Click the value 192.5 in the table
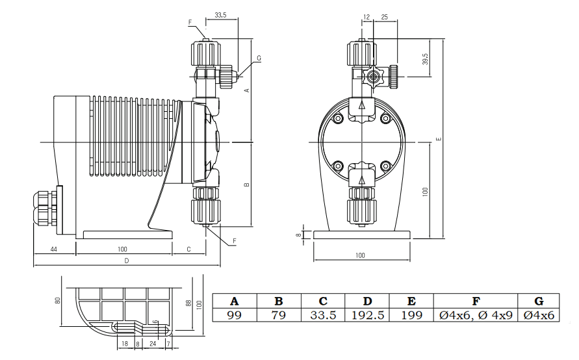(x=367, y=315)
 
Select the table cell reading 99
(x=235, y=315)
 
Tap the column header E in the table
(x=411, y=302)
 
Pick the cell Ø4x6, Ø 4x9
(x=476, y=315)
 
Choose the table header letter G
(x=539, y=302)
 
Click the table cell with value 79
(x=279, y=315)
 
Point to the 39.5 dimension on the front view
(x=426, y=59)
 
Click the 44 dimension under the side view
(x=53, y=250)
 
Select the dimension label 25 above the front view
(x=385, y=17)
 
